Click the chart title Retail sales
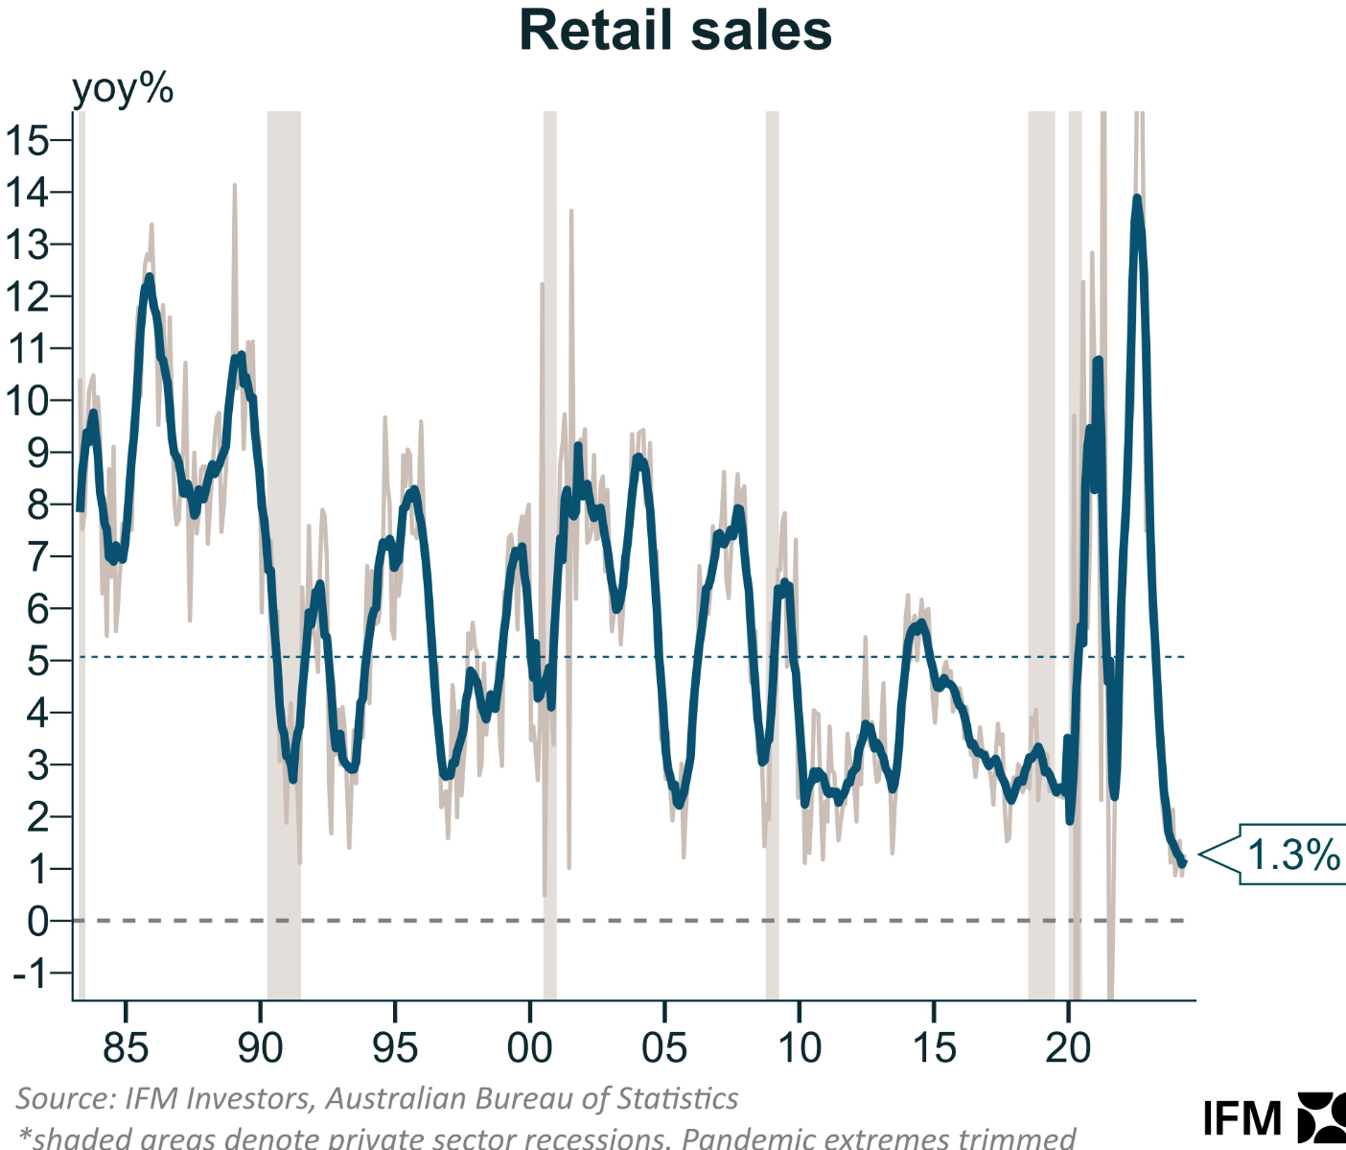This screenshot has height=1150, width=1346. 675,31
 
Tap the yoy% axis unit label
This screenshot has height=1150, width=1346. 123,89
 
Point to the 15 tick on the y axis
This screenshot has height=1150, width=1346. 27,141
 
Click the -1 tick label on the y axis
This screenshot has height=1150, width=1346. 29,974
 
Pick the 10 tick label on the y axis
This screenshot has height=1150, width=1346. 27,401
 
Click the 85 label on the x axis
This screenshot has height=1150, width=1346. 126,1048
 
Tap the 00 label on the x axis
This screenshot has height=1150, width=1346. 529,1048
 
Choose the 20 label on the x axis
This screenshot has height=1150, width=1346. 1068,1048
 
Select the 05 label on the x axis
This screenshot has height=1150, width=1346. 664,1048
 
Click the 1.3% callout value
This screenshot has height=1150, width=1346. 1292,854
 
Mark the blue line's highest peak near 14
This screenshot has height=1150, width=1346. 1137,199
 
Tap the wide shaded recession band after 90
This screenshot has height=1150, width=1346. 284,556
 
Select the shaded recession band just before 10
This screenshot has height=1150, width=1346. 772,556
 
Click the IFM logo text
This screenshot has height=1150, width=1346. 1242,1118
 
